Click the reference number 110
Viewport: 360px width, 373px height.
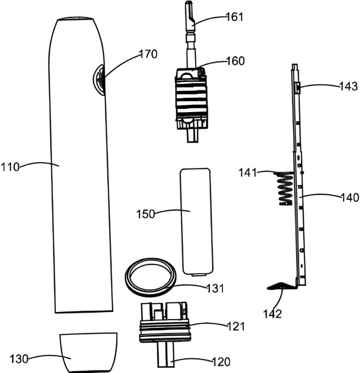coord(10,167)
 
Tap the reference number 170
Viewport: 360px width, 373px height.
coord(148,54)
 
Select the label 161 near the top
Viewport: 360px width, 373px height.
coord(234,17)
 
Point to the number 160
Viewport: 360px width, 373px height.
coord(235,61)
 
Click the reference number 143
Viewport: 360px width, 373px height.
coord(349,86)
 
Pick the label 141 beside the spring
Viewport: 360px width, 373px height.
coord(248,173)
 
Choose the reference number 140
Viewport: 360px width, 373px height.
coord(350,197)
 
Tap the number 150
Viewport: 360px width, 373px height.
coord(146,214)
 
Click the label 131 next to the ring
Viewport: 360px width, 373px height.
coord(215,288)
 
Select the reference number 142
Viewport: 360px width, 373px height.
coord(273,314)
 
